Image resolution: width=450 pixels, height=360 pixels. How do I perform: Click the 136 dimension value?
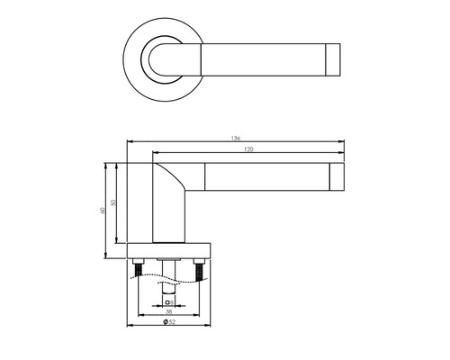coord(234,139)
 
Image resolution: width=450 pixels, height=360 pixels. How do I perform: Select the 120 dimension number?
coord(246,149)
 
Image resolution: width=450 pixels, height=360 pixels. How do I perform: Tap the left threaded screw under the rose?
coord(139,268)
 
